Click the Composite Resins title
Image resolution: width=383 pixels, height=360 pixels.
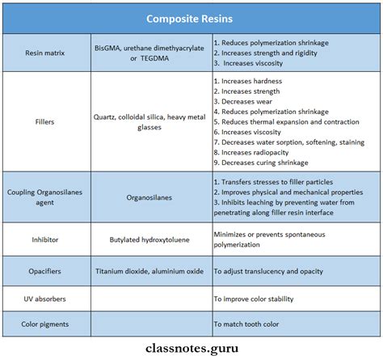(191, 17)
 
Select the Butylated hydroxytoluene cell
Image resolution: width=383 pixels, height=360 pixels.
(152, 239)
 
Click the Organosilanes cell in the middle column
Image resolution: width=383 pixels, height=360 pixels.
(152, 197)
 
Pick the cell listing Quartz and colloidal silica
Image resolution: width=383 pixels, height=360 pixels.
(152, 121)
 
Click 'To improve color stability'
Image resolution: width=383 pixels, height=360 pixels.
(264, 299)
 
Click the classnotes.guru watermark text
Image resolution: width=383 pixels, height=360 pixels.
(191, 346)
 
